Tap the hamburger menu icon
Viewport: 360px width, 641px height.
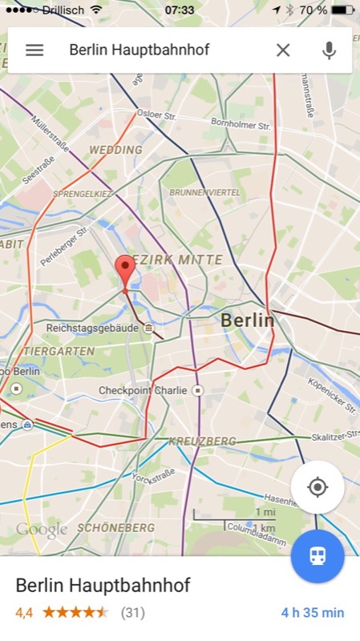point(34,50)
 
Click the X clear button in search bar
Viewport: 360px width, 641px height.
point(283,50)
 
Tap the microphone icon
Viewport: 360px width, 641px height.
point(329,50)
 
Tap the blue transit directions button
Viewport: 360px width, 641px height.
point(318,555)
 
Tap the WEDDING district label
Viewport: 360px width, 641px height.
point(115,150)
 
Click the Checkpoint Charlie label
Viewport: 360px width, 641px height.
point(143,390)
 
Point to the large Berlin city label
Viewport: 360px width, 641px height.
point(247,320)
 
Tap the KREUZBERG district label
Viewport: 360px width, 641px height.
point(202,441)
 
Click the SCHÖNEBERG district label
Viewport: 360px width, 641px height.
point(115,528)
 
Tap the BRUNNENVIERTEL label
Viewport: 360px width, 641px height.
point(204,193)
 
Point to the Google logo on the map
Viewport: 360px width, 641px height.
point(42,530)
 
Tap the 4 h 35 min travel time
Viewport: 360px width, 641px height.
point(312,613)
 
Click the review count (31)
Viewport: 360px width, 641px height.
point(132,613)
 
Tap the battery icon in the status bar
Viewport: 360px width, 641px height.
point(342,10)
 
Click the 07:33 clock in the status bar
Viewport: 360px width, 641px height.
point(179,10)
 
